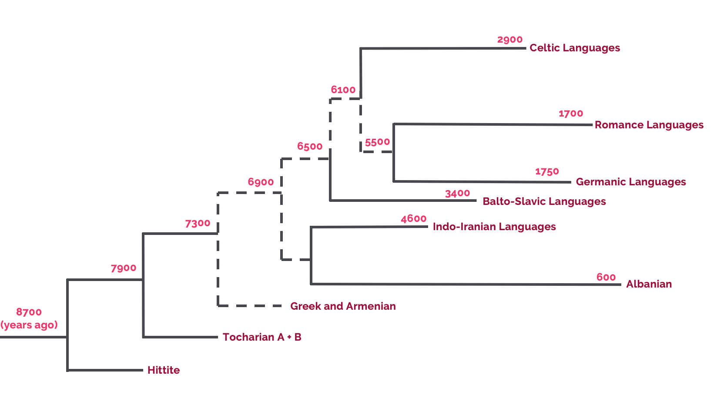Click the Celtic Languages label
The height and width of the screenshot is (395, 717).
point(574,48)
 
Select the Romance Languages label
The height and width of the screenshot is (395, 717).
point(649,125)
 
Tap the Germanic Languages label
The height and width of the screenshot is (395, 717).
point(630,182)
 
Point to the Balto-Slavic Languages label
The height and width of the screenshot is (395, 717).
point(544,201)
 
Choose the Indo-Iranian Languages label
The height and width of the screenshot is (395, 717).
point(494,227)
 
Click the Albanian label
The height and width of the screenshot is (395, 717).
point(649,284)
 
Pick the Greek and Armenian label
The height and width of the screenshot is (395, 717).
point(343,306)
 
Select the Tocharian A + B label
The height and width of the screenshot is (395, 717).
point(262,337)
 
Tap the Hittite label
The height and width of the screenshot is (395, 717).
point(164,370)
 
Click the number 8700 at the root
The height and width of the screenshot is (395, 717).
point(29,312)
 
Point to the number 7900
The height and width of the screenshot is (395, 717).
point(124,268)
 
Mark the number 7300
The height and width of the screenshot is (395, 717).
point(198,224)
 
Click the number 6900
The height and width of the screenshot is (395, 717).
point(261,182)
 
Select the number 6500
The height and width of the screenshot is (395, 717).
point(310,147)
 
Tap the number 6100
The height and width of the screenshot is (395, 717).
point(343,90)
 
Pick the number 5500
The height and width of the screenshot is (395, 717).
point(377,143)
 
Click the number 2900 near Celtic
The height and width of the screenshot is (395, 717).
point(509,40)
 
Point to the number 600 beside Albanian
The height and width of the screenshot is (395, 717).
point(606,278)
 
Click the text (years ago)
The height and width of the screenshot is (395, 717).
point(29,325)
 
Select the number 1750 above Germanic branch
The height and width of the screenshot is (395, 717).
point(547,172)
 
